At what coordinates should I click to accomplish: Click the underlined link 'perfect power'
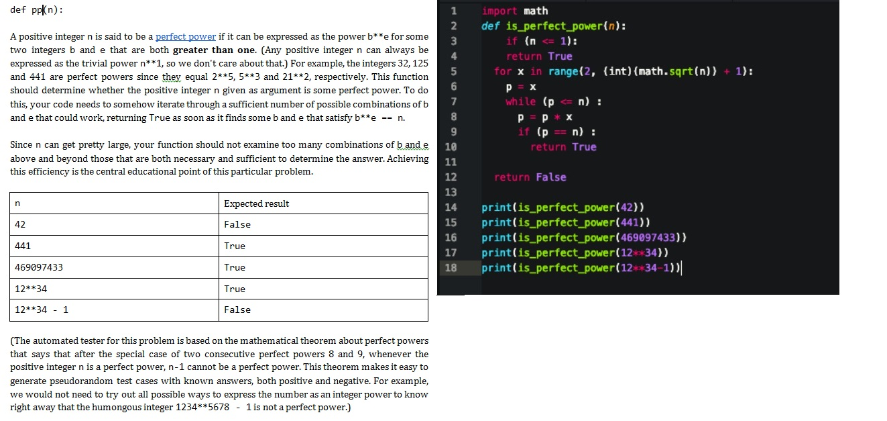point(186,36)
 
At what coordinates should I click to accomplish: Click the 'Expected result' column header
point(256,203)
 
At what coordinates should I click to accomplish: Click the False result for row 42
point(237,224)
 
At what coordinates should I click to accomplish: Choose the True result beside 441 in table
point(235,246)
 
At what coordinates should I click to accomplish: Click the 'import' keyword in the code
point(499,11)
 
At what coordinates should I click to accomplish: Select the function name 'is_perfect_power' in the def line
point(544,26)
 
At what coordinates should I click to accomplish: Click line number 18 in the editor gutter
point(451,268)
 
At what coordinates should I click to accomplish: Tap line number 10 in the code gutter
point(451,147)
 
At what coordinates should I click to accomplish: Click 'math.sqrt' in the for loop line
point(640,71)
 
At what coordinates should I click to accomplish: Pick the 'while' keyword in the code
point(521,101)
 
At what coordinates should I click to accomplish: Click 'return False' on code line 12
point(530,177)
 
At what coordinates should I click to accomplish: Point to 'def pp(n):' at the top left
point(38,11)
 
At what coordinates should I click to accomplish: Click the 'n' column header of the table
point(17,203)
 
